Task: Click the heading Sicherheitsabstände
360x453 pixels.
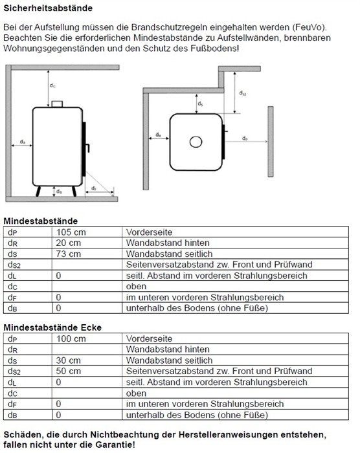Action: click(48, 8)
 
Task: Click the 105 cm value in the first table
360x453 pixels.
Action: click(71, 232)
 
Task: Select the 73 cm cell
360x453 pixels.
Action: click(68, 254)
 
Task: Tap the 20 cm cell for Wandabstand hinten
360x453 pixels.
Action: click(68, 243)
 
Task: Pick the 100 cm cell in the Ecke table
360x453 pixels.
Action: click(71, 338)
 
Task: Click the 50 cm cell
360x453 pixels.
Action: click(68, 371)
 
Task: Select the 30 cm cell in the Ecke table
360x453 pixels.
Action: click(68, 360)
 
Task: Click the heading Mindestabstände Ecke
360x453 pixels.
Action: click(52, 327)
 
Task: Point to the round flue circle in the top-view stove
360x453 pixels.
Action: click(196, 142)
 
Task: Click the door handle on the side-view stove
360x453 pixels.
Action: click(87, 148)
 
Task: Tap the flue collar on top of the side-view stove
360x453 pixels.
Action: click(57, 104)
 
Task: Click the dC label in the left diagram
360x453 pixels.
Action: click(52, 85)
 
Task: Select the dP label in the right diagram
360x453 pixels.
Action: click(245, 138)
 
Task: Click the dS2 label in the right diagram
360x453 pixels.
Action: click(243, 93)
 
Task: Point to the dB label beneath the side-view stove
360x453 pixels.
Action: click(59, 192)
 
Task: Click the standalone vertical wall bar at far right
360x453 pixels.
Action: click(271, 142)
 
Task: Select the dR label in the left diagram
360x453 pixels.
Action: click(23, 142)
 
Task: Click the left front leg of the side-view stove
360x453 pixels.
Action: click(38, 192)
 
